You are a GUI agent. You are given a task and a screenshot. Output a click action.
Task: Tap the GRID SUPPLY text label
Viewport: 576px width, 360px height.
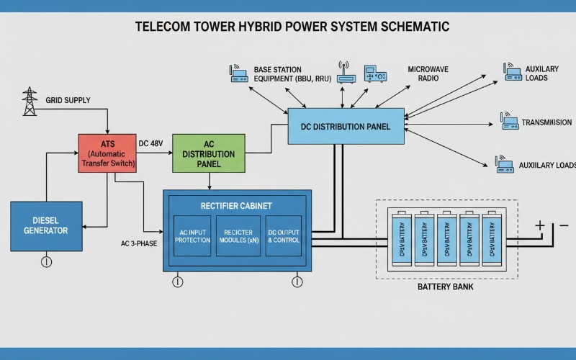(x=68, y=100)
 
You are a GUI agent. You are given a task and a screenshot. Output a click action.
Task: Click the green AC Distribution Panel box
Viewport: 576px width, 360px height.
(x=208, y=153)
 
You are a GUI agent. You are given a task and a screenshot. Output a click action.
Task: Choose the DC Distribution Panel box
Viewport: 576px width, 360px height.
(x=346, y=127)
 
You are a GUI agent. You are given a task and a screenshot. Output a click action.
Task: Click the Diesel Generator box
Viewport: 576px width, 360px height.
(x=45, y=225)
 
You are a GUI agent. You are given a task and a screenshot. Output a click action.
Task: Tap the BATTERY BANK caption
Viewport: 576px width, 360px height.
(x=446, y=287)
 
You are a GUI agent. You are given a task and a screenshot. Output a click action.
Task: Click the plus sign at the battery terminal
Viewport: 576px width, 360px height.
(x=539, y=225)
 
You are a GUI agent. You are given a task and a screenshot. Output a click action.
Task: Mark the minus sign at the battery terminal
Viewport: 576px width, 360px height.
(x=563, y=225)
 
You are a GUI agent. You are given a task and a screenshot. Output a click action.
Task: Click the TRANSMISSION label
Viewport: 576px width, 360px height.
(x=546, y=122)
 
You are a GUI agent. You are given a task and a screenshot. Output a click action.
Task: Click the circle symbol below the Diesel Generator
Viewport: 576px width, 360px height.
(x=47, y=261)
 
